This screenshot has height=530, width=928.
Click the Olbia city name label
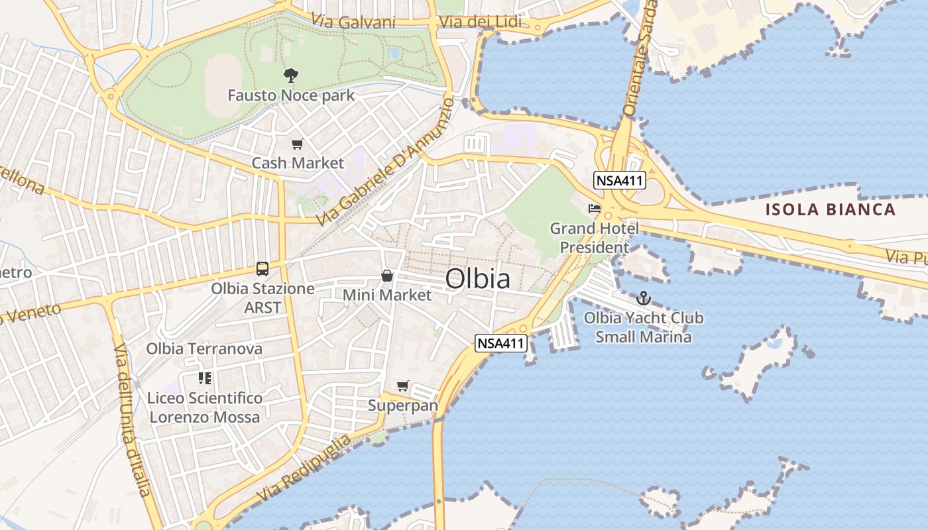coord(478,279)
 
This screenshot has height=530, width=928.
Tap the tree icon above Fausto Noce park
coord(290,75)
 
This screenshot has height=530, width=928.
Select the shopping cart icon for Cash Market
coord(298,144)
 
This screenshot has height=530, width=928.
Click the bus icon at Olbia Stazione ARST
coord(262,269)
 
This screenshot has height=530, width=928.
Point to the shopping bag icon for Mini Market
coord(386,276)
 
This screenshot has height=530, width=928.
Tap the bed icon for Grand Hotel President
coord(594,209)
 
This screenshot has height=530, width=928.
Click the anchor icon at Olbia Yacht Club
coord(643,298)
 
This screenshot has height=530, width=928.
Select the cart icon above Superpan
coord(402,386)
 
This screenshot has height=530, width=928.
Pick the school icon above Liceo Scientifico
coord(205,378)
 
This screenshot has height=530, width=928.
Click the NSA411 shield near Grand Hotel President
coord(620,180)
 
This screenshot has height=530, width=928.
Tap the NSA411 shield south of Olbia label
coord(501,343)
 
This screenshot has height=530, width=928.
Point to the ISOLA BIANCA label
coord(831,210)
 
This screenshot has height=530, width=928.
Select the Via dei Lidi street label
coord(480,23)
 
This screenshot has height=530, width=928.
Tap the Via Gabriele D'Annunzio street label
coord(385,162)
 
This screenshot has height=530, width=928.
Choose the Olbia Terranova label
coord(204,348)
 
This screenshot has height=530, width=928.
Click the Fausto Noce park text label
coord(291,95)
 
